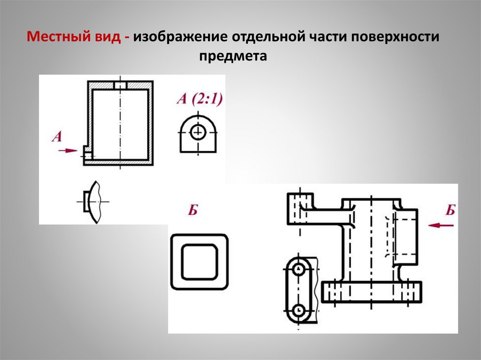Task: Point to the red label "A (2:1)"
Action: point(200,99)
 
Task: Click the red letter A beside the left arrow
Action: point(57,137)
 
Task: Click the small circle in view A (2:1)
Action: point(199,132)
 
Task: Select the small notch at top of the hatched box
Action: point(121,85)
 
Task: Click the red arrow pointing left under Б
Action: point(442,225)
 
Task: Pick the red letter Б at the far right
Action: point(450,210)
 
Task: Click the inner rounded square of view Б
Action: point(199,261)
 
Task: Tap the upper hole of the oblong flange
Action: point(298,270)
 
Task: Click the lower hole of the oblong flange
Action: point(298,310)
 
